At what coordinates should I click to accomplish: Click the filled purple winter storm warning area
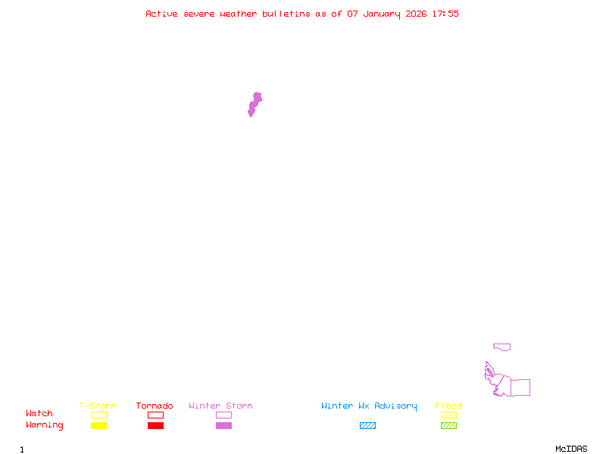pos(255,104)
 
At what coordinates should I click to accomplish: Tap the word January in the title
pos(382,14)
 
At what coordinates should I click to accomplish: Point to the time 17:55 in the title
pos(445,14)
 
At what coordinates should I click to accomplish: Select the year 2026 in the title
pos(416,14)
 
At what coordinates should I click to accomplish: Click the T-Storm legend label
pos(98,406)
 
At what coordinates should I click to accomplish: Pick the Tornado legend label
pos(155,406)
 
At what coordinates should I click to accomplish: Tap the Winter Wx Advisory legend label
pos(369,406)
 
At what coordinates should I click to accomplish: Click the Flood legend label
pos(448,406)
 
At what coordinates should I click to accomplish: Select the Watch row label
pos(39,413)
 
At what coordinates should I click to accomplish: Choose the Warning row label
pos(45,425)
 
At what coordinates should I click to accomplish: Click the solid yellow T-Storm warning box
pos(99,425)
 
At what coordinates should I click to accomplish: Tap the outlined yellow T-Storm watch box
pos(99,415)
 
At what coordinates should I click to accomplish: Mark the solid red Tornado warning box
pos(156,425)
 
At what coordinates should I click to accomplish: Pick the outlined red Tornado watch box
pos(156,415)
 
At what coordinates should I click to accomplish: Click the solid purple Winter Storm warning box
pos(223,425)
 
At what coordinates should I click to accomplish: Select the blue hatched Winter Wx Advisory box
pos(367,425)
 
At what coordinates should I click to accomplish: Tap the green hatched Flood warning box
pos(448,425)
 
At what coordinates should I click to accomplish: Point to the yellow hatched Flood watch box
pos(448,415)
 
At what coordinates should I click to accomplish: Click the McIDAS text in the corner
pos(571,449)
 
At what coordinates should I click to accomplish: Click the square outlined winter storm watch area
pos(511,387)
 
